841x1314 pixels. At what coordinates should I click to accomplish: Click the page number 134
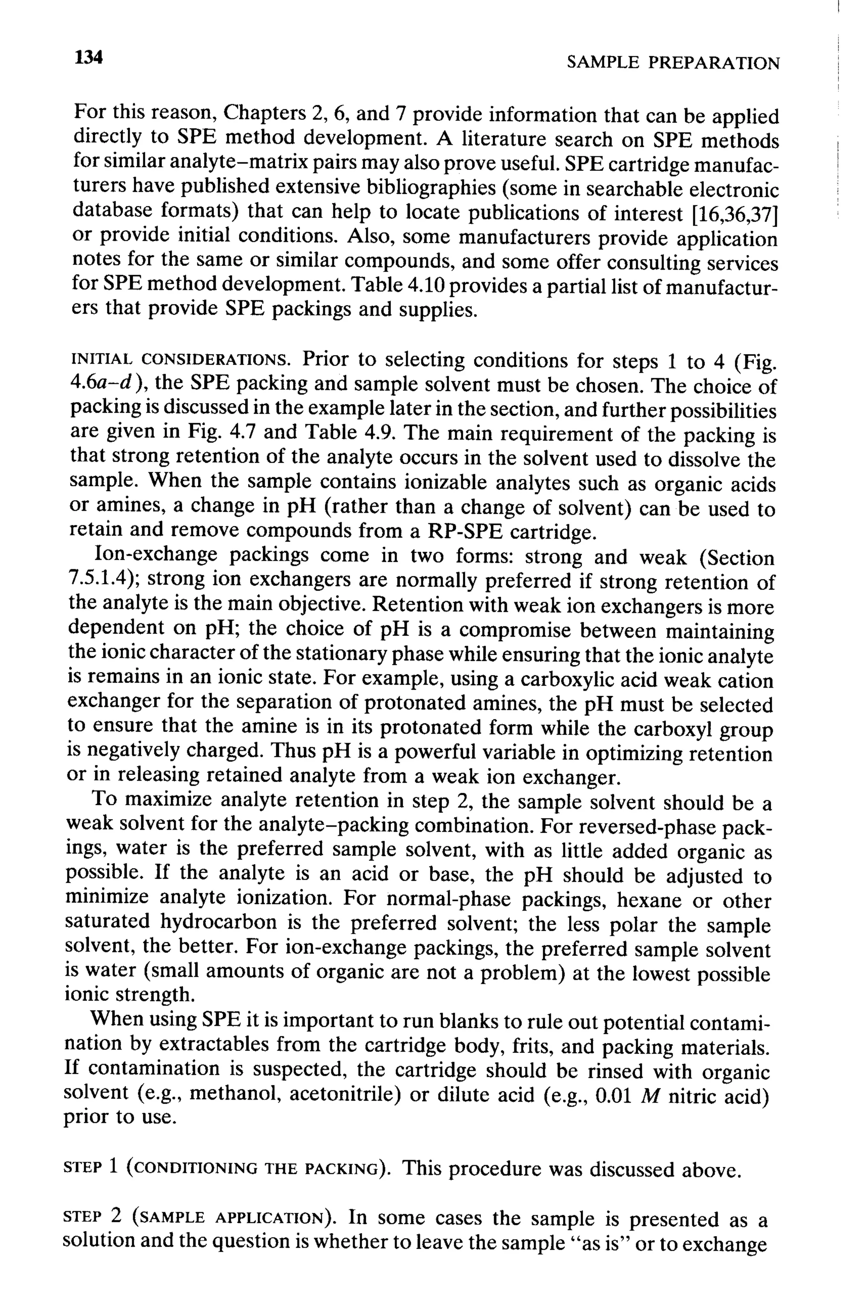coord(89,57)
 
